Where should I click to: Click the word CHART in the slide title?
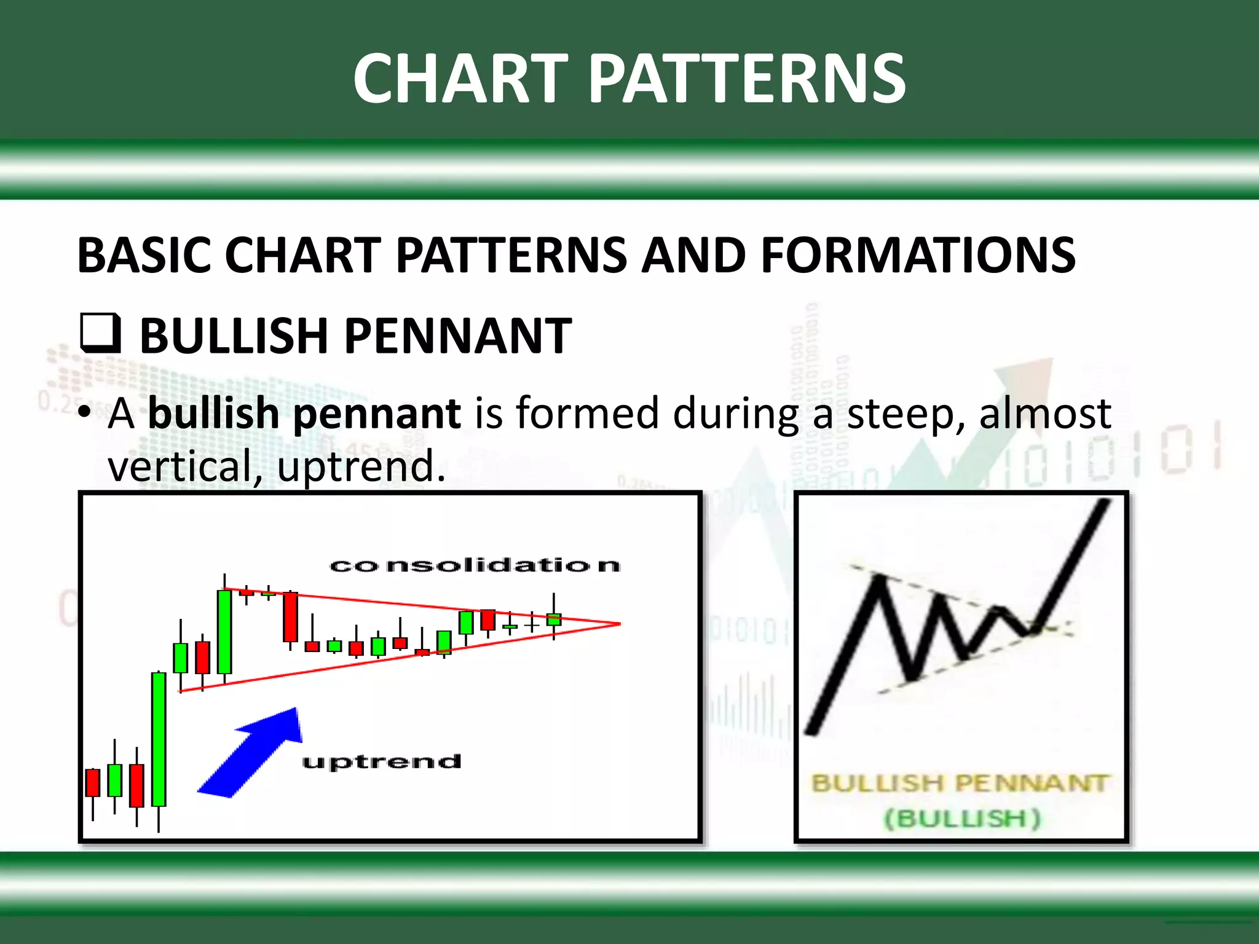pyautogui.click(x=460, y=79)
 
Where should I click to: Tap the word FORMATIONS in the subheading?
pyautogui.click(x=918, y=255)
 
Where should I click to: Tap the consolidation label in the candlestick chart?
pyautogui.click(x=475, y=565)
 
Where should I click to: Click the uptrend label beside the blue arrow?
pyautogui.click(x=381, y=762)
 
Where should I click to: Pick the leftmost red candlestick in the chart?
pyautogui.click(x=93, y=782)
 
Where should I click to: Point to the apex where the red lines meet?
pyautogui.click(x=619, y=624)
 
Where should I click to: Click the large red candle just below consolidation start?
pyautogui.click(x=290, y=617)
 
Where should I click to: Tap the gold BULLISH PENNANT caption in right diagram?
pyautogui.click(x=960, y=784)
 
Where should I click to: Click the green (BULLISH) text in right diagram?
pyautogui.click(x=962, y=819)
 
